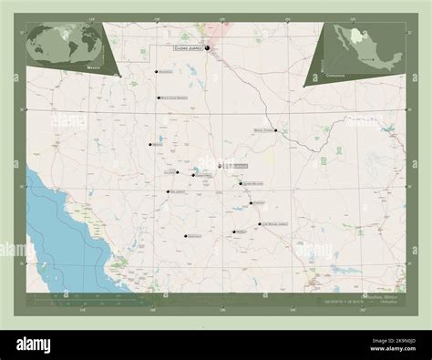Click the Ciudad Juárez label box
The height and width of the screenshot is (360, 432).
point(186,47)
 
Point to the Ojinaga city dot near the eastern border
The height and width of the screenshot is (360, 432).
point(276,130)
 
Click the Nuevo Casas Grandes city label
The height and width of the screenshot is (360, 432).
point(175,98)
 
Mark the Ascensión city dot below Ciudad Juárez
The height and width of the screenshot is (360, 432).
point(157,71)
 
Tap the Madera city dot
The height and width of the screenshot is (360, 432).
point(150,144)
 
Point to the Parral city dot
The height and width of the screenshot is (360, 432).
point(233,231)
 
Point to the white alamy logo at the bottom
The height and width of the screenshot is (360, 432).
point(42,344)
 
